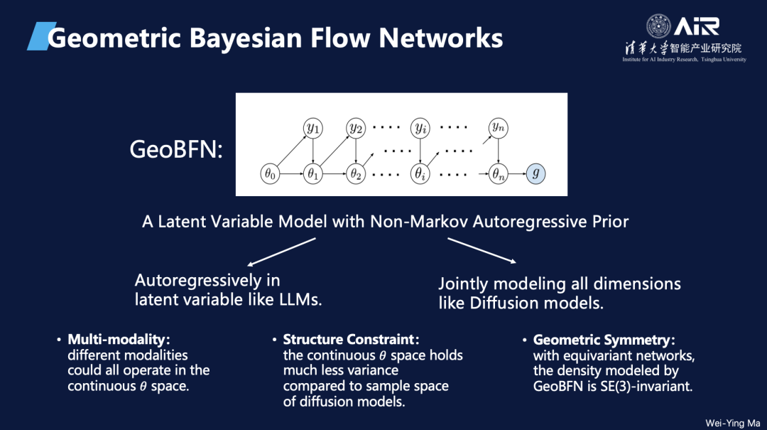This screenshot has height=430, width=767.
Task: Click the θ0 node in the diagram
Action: click(269, 173)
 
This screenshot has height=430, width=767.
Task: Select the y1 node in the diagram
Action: click(312, 129)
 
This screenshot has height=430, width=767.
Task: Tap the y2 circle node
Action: click(355, 129)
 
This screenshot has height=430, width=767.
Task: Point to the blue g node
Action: click(536, 173)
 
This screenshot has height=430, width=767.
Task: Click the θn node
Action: click(498, 173)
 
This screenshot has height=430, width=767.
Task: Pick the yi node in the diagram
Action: click(420, 129)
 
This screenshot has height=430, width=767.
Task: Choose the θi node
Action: click(420, 173)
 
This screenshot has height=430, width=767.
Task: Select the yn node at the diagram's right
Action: click(498, 128)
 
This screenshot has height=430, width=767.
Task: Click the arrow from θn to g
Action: click(517, 173)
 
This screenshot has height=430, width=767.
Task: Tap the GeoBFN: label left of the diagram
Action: click(176, 151)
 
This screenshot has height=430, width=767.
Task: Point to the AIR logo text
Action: click(697, 27)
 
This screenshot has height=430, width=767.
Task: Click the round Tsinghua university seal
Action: click(658, 27)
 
